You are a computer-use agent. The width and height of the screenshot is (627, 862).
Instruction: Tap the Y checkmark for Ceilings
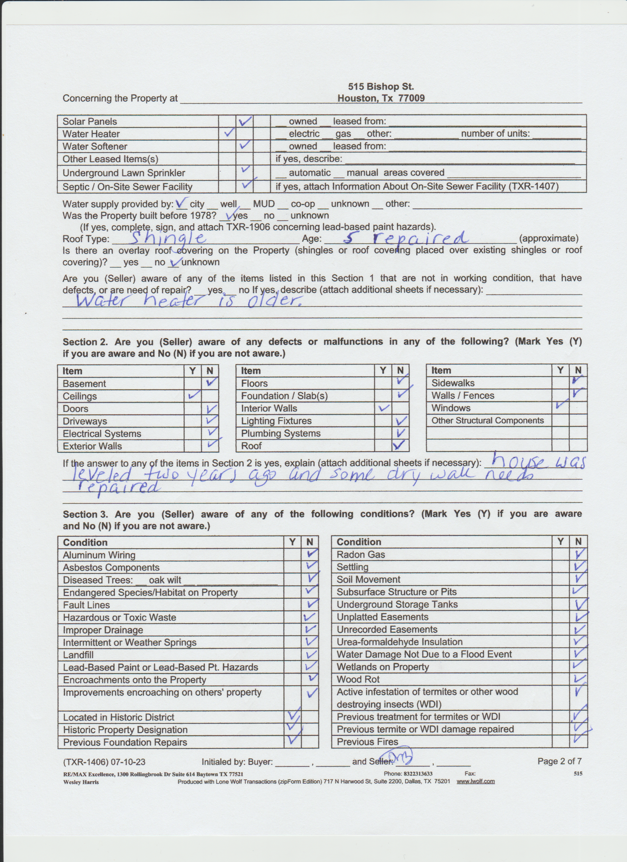pos(194,395)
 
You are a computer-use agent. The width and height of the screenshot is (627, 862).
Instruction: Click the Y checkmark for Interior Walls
pos(384,408)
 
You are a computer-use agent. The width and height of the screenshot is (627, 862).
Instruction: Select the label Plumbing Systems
pos(281,433)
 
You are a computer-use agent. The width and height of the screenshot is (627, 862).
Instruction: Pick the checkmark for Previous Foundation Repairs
pos(293,740)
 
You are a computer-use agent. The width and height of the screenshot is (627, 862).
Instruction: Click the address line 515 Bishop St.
pos(381,87)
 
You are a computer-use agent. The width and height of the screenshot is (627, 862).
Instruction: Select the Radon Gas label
pos(361,554)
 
